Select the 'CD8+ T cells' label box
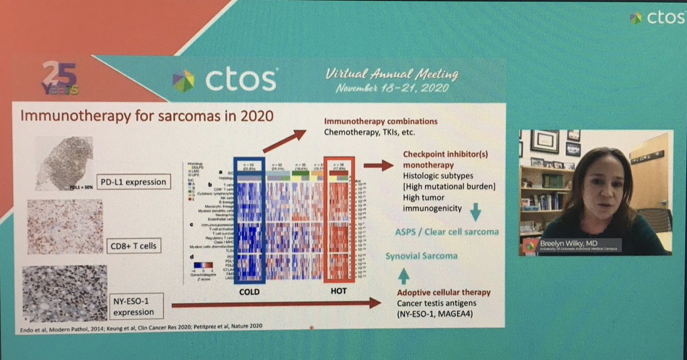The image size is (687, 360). pyautogui.click(x=133, y=247)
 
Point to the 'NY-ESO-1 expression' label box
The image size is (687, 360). pyautogui.click(x=133, y=307)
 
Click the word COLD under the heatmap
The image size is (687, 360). pyautogui.click(x=246, y=291)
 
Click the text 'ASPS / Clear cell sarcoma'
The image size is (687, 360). pyautogui.click(x=446, y=231)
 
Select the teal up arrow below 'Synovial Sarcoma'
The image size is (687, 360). pyautogui.click(x=402, y=276)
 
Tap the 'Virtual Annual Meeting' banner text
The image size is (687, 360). pyautogui.click(x=392, y=74)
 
